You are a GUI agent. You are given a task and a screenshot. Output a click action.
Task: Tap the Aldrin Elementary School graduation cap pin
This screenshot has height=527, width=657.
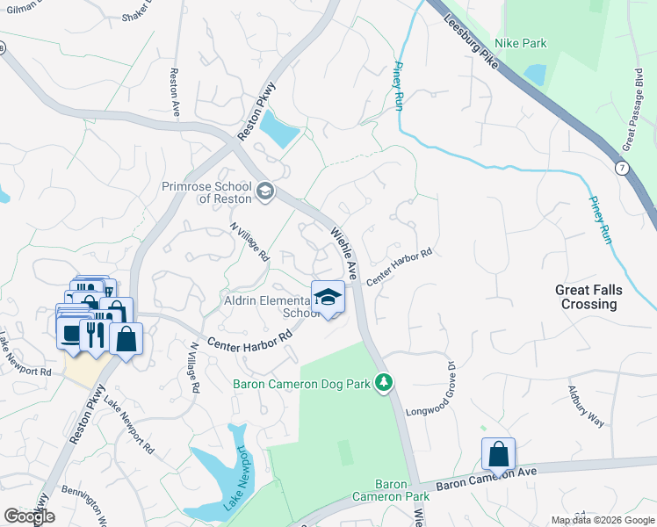[x=328, y=297]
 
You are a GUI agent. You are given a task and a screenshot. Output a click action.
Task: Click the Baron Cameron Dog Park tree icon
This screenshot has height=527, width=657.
[x=383, y=382]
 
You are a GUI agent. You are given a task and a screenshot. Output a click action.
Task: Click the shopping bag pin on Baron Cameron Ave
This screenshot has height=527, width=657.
[x=498, y=455]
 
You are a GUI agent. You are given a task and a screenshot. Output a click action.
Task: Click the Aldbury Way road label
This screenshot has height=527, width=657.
[x=586, y=405]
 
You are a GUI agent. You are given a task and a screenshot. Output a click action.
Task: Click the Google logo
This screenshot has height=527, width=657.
[x=29, y=516]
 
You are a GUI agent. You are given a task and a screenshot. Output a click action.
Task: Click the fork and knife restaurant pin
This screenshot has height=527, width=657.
[x=92, y=335]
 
